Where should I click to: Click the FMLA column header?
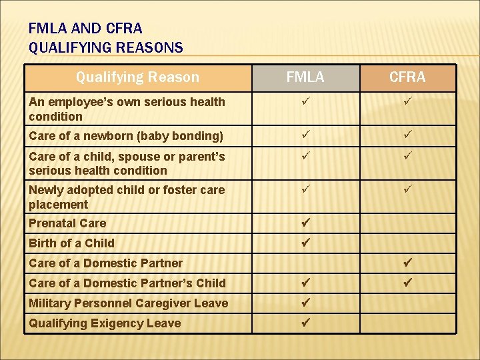tap(305, 77)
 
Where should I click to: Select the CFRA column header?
tap(407, 77)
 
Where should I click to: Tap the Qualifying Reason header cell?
tap(137, 77)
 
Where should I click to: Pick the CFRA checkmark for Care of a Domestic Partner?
tap(407, 263)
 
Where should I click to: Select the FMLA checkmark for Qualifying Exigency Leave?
tap(305, 323)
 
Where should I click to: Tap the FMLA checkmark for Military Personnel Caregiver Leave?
tap(305, 303)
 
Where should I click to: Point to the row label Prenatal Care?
tap(67, 223)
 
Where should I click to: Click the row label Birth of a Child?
tap(71, 243)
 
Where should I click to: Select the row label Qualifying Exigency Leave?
tap(105, 323)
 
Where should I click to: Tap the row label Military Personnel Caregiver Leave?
tap(128, 303)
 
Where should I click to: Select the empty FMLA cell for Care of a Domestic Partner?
tap(305, 263)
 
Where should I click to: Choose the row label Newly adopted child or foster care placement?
tap(126, 197)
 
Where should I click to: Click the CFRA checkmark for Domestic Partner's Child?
tap(407, 283)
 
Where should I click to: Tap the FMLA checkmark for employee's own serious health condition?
tap(305, 102)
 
